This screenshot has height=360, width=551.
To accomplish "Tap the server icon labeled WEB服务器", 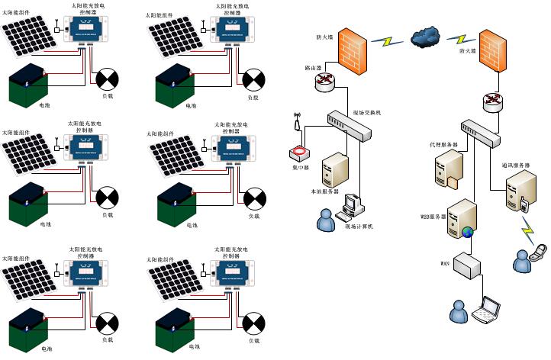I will click(x=462, y=220).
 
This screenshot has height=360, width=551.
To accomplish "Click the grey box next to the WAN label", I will click(x=469, y=265).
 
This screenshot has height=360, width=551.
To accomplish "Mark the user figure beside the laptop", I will click(x=458, y=310).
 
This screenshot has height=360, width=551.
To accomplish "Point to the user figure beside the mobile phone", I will click(x=522, y=262).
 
